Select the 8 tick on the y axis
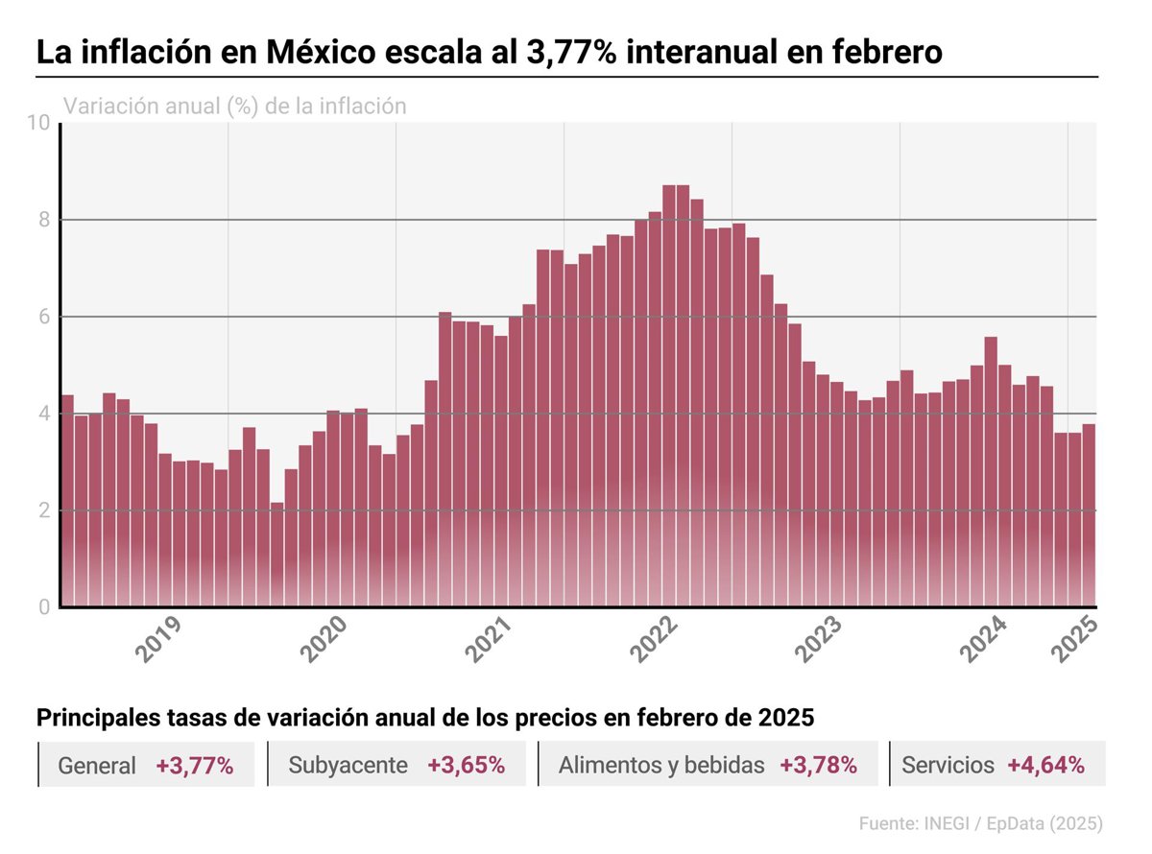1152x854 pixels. point(43,220)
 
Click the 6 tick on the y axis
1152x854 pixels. point(43,317)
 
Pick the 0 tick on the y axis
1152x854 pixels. point(43,606)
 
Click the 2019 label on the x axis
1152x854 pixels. point(160,639)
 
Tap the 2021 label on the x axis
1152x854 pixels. point(492,639)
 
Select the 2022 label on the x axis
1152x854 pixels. point(658,639)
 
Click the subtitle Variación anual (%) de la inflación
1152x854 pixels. point(234,106)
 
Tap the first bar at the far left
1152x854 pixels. point(67,500)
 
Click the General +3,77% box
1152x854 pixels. point(146,765)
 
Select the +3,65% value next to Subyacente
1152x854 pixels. point(466,765)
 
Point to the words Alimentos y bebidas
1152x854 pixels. point(661,765)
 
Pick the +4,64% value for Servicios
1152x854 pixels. point(1045,765)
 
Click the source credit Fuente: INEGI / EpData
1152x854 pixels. point(980,823)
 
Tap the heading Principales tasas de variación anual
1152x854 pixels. point(424,718)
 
